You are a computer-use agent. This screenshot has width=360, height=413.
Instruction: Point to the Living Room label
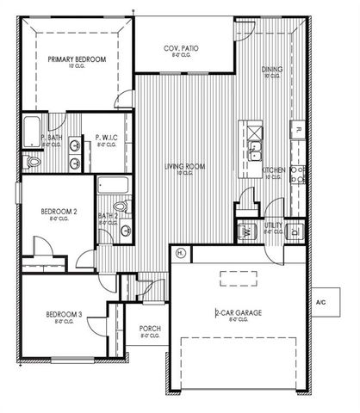(183, 168)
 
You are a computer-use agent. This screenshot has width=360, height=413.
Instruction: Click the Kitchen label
(274, 170)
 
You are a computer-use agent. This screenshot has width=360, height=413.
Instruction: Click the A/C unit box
(321, 302)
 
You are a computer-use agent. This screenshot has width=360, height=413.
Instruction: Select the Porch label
(148, 332)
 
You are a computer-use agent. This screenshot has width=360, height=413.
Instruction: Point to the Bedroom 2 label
(59, 212)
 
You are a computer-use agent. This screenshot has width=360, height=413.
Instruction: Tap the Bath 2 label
(108, 217)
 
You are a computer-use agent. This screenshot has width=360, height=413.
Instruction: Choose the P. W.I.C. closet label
(105, 138)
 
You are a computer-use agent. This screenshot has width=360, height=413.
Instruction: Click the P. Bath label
(50, 138)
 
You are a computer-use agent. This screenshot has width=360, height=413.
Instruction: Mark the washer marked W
(246, 231)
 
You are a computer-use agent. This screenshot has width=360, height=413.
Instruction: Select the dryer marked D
(295, 231)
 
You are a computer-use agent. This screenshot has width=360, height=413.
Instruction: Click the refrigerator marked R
(297, 130)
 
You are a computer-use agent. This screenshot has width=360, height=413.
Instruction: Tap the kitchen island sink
(256, 152)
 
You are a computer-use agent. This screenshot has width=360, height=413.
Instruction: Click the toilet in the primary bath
(33, 161)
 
